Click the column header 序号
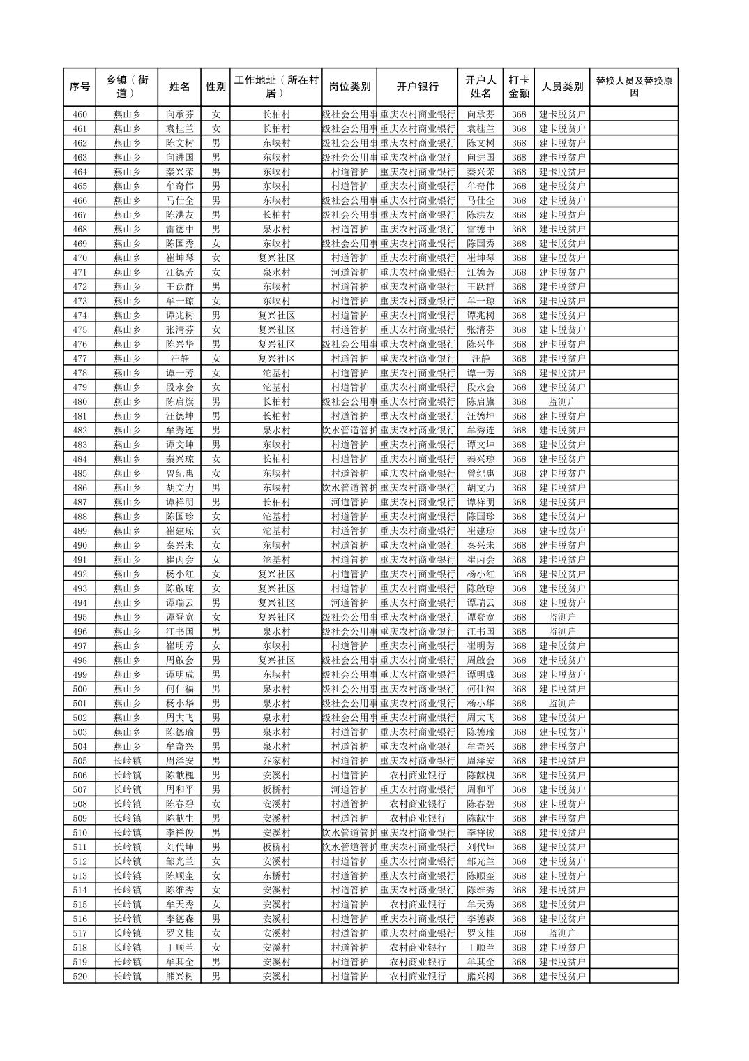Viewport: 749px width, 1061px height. click(80, 87)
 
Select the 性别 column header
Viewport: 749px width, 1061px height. click(215, 87)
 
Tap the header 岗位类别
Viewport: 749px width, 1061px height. click(349, 87)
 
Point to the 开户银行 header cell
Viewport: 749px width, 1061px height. click(417, 87)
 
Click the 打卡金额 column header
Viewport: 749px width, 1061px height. click(518, 87)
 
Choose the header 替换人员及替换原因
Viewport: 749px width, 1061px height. click(633, 87)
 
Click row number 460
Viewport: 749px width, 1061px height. click(80, 114)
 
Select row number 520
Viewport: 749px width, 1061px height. click(80, 977)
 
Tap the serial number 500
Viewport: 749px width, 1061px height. click(80, 689)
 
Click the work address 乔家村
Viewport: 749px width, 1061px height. click(276, 761)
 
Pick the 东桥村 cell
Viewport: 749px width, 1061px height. click(276, 876)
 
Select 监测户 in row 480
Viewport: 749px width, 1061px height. click(562, 402)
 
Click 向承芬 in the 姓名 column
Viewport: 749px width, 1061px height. click(180, 114)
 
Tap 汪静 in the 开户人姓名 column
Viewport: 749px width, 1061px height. click(481, 359)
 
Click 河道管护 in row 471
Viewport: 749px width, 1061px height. click(349, 272)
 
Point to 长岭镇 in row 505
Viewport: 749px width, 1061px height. click(127, 761)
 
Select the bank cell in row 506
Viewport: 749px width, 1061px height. click(417, 776)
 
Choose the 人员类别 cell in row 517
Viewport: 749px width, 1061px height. click(562, 933)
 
